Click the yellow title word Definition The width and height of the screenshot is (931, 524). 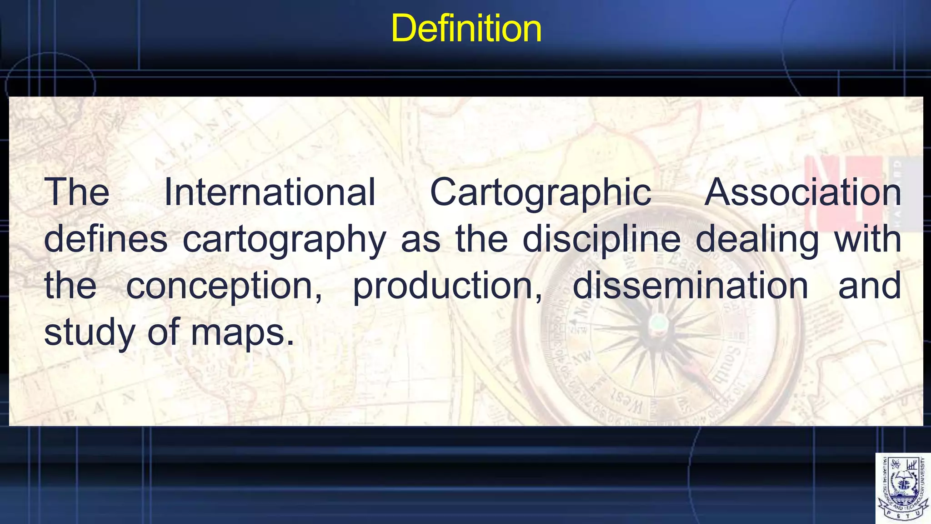(466, 28)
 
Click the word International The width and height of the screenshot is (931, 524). (270, 192)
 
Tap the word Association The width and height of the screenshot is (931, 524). (803, 192)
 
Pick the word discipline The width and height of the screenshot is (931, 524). (601, 240)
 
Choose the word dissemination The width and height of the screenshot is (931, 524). (690, 285)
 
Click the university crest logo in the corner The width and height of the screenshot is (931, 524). (903, 488)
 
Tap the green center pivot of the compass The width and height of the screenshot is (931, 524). (658, 324)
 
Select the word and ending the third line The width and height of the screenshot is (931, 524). (869, 285)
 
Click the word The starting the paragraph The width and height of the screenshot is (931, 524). (76, 192)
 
